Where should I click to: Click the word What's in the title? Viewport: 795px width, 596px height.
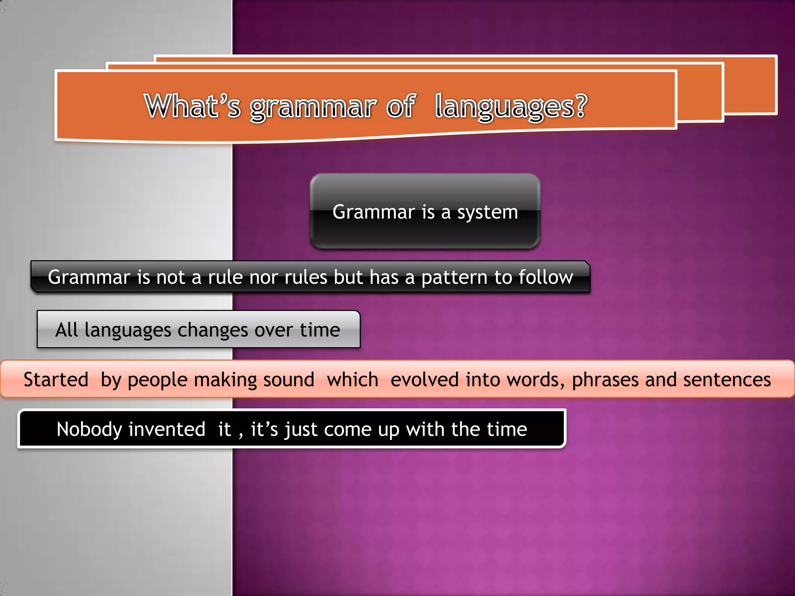pos(193,106)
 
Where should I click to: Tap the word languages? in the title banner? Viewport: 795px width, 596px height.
pos(511,106)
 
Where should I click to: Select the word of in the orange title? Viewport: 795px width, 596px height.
pos(401,106)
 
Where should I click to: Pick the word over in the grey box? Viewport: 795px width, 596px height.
pos(274,330)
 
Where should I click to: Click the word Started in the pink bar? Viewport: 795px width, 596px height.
pos(56,379)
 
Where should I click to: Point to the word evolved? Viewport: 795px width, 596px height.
pos(425,379)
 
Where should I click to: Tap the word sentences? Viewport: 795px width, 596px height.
pos(727,379)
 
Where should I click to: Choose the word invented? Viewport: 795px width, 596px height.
pos(167,430)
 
